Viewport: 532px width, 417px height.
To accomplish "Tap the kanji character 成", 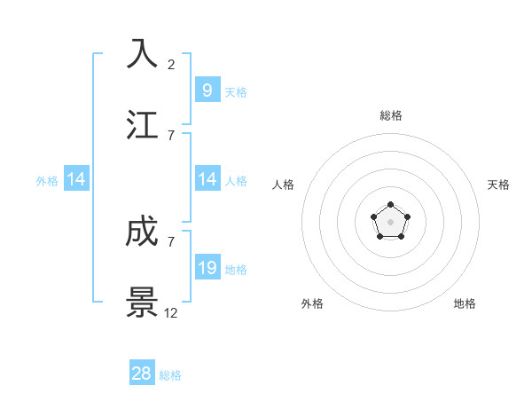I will pyautogui.click(x=143, y=232).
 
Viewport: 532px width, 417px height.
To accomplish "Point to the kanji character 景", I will pyautogui.click(x=143, y=303).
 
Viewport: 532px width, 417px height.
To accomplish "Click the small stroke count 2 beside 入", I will pyautogui.click(x=171, y=64).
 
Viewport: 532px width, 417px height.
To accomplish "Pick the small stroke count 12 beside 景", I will pyautogui.click(x=171, y=313).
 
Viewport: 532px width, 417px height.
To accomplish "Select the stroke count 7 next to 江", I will pyautogui.click(x=171, y=135).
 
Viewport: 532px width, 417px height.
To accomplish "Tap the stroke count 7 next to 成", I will pyautogui.click(x=171, y=242).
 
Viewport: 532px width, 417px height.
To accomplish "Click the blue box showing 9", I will pyautogui.click(x=207, y=90).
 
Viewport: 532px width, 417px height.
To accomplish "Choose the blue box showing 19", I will pyautogui.click(x=207, y=268).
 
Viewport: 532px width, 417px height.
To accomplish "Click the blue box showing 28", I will pyautogui.click(x=142, y=374).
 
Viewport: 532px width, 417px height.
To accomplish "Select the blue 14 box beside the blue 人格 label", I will pyautogui.click(x=207, y=179).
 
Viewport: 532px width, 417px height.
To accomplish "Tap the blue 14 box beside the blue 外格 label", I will pyautogui.click(x=76, y=179).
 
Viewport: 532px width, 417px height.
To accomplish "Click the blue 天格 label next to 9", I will pyautogui.click(x=236, y=91).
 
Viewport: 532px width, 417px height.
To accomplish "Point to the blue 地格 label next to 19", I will pyautogui.click(x=236, y=270).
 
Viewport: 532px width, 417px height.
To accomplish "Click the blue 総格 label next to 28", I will pyautogui.click(x=170, y=375).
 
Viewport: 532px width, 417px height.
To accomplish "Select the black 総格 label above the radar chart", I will pyautogui.click(x=390, y=115).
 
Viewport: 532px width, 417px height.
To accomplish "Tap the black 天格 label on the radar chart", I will pyautogui.click(x=498, y=185).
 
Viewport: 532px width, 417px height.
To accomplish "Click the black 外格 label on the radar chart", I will pyautogui.click(x=312, y=303).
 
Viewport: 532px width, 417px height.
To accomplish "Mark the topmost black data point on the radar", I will pyautogui.click(x=390, y=205).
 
